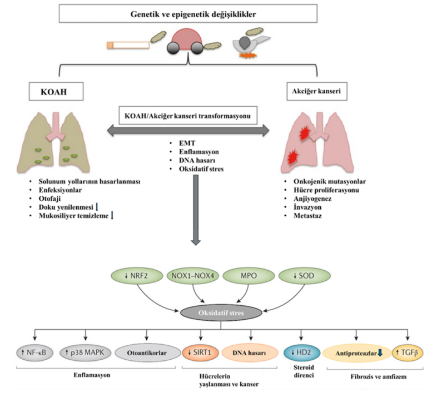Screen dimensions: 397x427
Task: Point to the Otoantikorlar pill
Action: tap(148, 352)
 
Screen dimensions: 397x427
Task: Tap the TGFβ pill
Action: tap(408, 352)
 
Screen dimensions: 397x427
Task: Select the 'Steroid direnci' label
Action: tap(301, 372)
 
